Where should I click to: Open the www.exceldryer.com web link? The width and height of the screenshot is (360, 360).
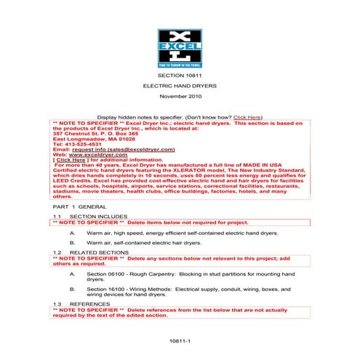(x=105, y=153)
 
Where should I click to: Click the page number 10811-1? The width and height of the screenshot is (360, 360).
(x=179, y=340)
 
